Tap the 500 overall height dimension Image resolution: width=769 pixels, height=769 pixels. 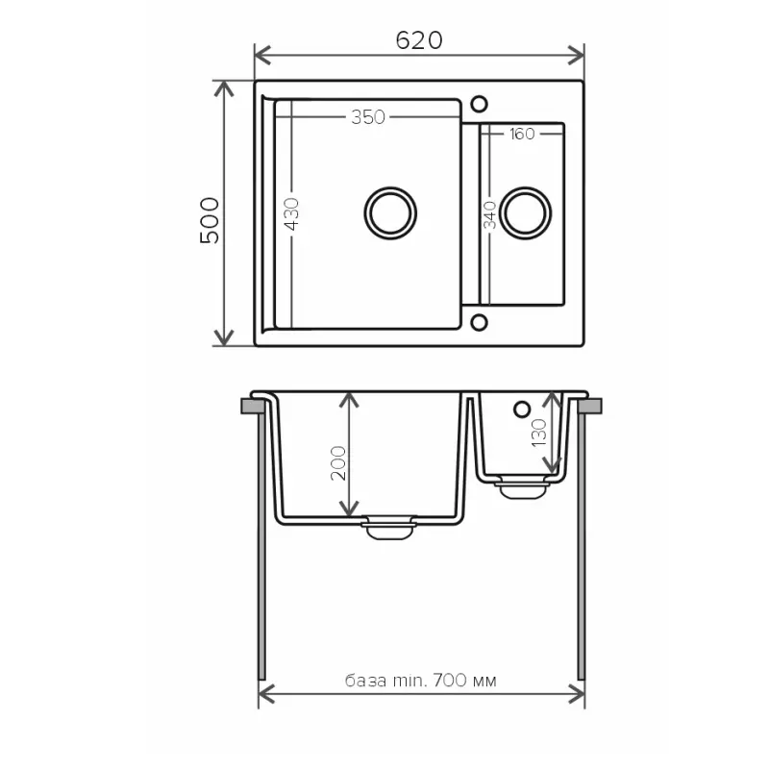[210, 220]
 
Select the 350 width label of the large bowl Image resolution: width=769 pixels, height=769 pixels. [367, 117]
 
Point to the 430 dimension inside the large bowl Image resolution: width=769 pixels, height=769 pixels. [292, 214]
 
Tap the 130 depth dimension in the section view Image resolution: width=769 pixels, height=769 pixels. [539, 433]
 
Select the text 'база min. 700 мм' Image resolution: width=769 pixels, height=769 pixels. [421, 681]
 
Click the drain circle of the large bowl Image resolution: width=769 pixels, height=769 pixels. [391, 211]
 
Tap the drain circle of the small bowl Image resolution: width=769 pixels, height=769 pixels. [526, 211]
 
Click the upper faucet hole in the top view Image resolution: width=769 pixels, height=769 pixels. [480, 102]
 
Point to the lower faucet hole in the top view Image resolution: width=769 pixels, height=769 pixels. [480, 322]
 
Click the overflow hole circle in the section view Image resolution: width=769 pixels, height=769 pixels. [522, 409]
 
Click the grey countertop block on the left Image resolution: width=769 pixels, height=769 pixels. [254, 406]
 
